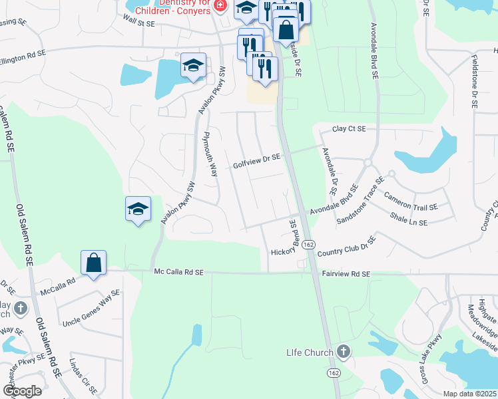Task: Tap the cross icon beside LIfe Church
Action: point(343,350)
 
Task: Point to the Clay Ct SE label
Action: point(349,128)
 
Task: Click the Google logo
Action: point(22,390)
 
